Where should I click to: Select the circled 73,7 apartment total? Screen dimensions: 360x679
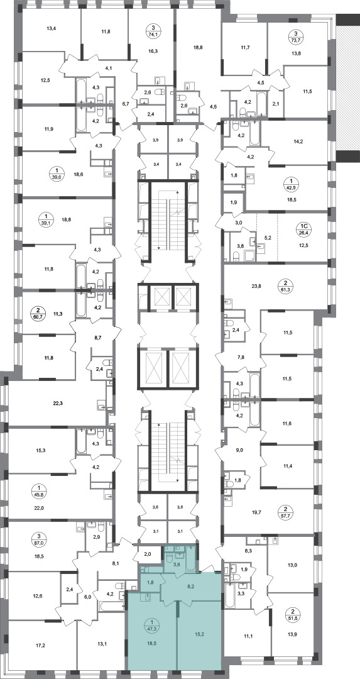click(x=296, y=36)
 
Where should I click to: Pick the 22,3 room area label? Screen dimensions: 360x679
click(x=58, y=403)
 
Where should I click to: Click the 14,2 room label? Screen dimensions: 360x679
click(x=298, y=140)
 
